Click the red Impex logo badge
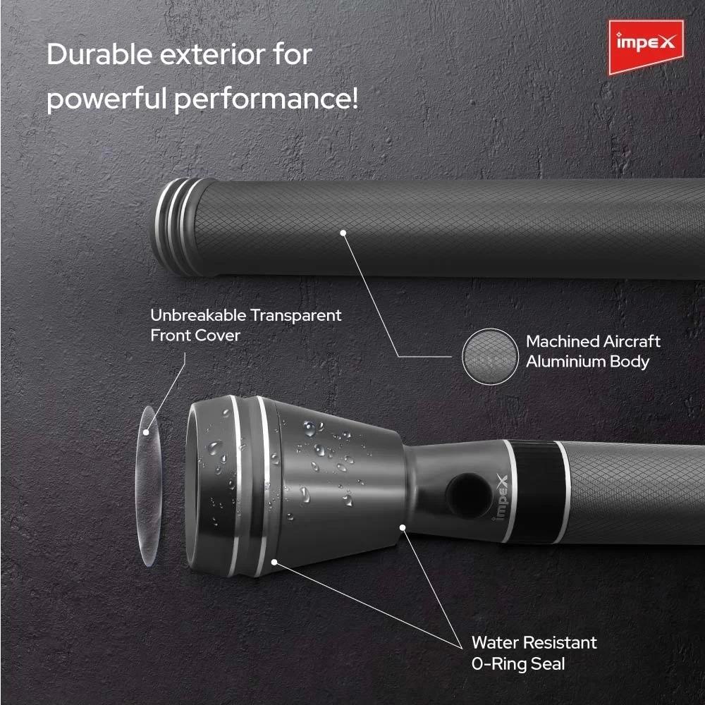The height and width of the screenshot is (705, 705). [x=646, y=47]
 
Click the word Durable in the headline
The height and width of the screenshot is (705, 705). [x=99, y=54]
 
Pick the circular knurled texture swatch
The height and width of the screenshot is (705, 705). [x=490, y=357]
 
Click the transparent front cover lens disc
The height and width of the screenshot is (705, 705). [x=148, y=486]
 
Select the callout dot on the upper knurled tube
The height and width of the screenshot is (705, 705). [x=343, y=233]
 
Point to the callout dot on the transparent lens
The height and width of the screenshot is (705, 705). [x=146, y=433]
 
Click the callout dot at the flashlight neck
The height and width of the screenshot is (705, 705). [x=403, y=527]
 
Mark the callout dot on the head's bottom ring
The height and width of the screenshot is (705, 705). [x=274, y=562]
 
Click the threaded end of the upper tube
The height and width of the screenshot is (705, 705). [x=176, y=227]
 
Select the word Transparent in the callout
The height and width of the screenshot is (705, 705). [x=296, y=315]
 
